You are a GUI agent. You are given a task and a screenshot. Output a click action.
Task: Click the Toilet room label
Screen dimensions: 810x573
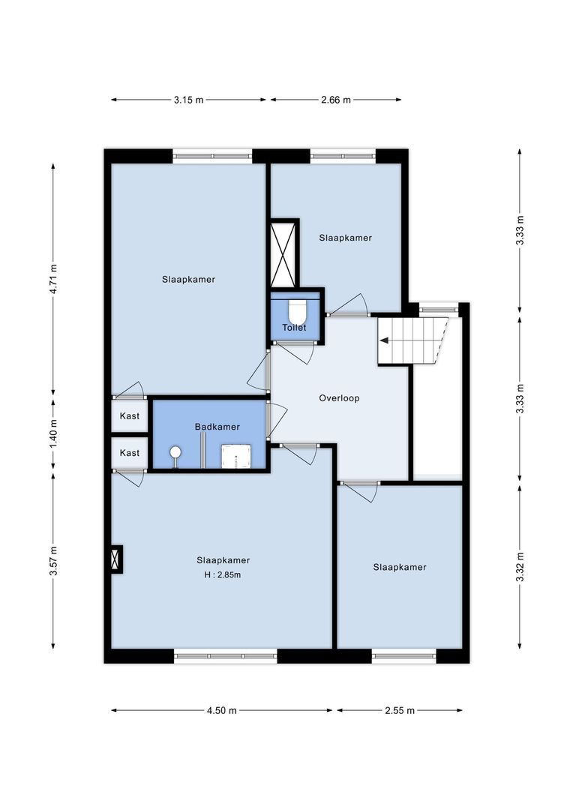click(x=294, y=328)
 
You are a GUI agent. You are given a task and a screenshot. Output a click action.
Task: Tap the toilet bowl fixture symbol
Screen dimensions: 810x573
click(x=296, y=310)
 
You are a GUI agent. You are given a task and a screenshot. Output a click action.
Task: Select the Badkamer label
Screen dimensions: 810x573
click(x=217, y=427)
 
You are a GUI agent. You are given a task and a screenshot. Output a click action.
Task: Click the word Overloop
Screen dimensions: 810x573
click(x=339, y=398)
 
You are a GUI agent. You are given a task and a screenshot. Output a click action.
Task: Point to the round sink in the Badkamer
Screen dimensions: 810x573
click(x=175, y=452)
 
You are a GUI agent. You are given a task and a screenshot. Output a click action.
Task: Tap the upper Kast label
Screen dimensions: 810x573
click(x=130, y=416)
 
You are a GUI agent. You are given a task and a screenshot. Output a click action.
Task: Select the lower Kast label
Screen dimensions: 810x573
click(x=130, y=453)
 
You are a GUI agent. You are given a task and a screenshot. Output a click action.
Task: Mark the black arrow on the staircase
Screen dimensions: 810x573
click(x=384, y=340)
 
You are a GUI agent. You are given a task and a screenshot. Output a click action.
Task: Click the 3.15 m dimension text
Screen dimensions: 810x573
click(x=188, y=100)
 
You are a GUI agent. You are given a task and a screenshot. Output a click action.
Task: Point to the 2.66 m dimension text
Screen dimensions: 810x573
click(x=336, y=100)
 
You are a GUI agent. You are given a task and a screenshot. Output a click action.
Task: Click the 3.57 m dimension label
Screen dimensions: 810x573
click(x=52, y=560)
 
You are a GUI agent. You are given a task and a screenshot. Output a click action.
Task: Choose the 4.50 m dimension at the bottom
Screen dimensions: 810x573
click(x=222, y=710)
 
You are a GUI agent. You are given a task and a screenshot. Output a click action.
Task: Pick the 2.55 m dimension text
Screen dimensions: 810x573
click(x=399, y=710)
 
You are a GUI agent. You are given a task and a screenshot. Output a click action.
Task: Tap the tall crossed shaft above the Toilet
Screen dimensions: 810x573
click(x=284, y=253)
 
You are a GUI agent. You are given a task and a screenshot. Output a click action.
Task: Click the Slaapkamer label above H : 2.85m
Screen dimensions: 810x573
click(x=223, y=560)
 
